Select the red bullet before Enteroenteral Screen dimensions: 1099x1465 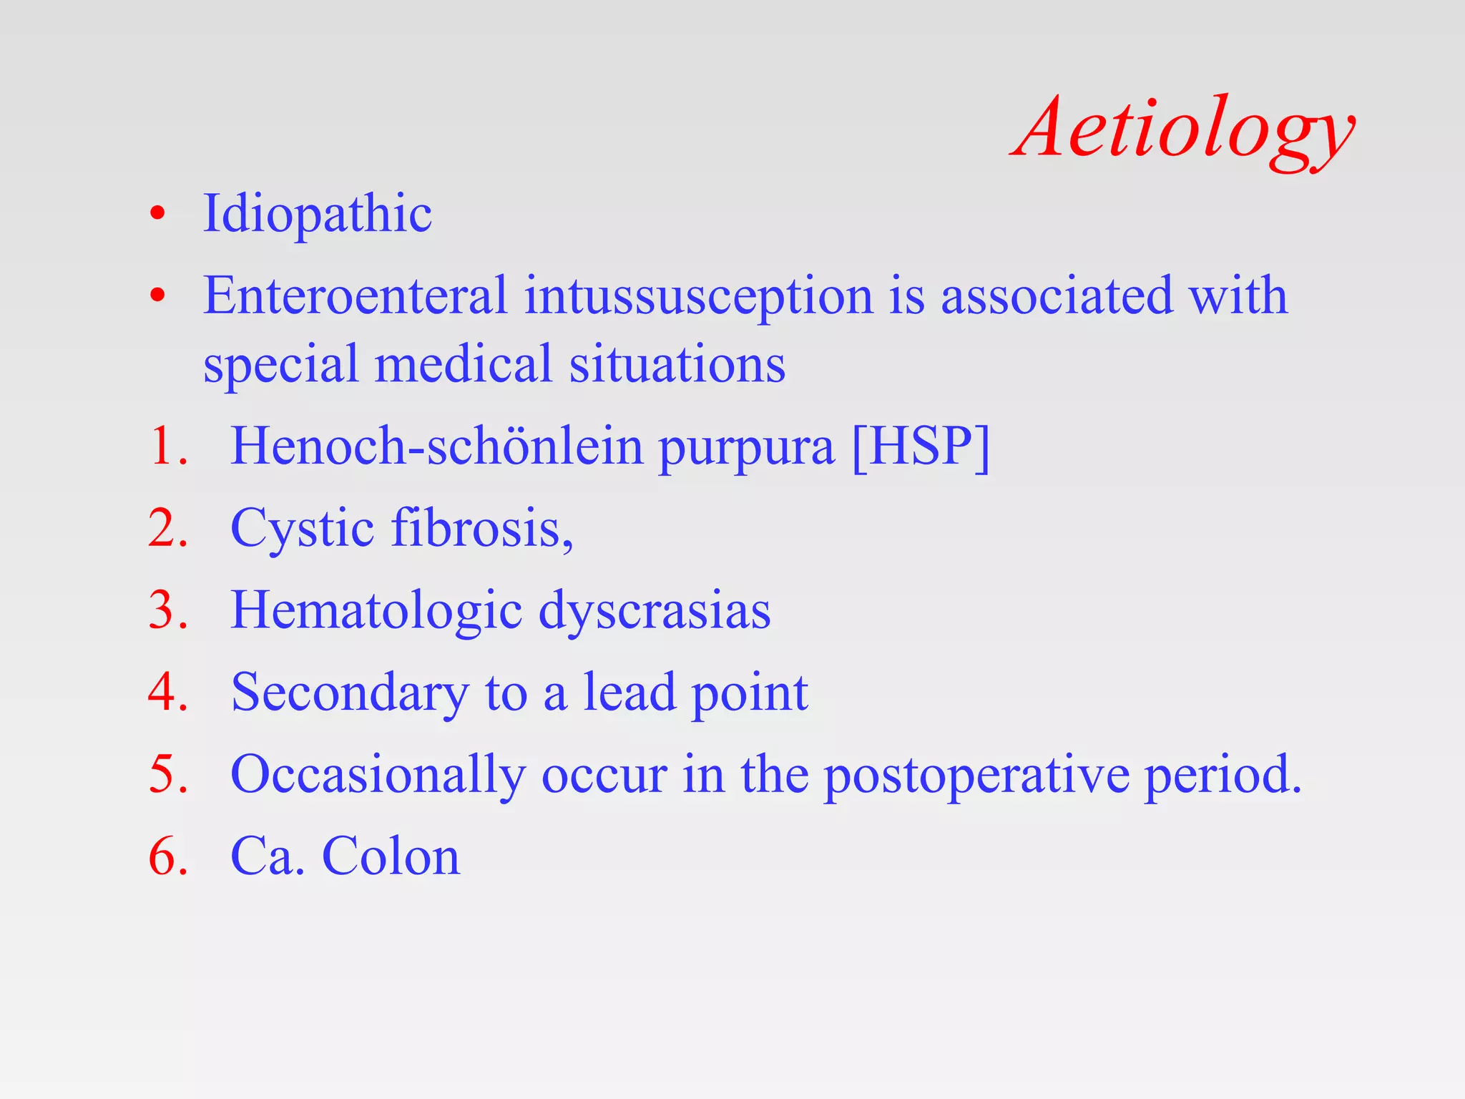click(x=157, y=295)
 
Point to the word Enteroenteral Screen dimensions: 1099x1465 click(x=355, y=295)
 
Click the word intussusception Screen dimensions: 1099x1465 click(x=698, y=296)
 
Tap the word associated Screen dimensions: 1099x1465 click(x=1057, y=295)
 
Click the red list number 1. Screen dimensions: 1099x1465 click(x=166, y=446)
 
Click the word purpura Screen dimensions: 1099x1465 click(x=746, y=449)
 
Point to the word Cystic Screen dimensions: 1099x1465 click(x=303, y=529)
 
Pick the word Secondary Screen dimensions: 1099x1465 click(x=350, y=693)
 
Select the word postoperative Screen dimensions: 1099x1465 click(x=976, y=776)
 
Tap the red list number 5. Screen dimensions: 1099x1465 click(x=166, y=775)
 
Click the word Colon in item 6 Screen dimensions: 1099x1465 click(x=391, y=856)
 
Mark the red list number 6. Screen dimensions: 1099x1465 click(x=166, y=856)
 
